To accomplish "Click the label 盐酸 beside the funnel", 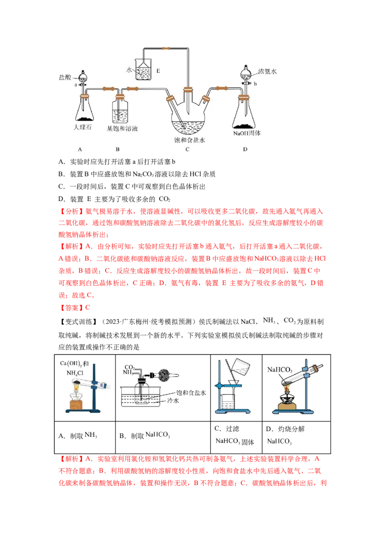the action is [65, 77].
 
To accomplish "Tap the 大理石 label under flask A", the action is [83, 127].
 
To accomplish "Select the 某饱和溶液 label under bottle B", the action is [122, 129].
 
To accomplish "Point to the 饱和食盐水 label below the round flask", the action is [190, 140].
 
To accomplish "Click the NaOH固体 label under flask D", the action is [247, 133].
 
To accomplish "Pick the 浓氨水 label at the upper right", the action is [267, 72].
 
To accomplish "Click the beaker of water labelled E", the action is [143, 69].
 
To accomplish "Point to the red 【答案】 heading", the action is [71, 308].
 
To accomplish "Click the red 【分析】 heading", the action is [71, 211].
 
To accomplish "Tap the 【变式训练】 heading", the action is [77, 322].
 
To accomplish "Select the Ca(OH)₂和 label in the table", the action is [75, 364].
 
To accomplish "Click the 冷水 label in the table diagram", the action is [173, 401].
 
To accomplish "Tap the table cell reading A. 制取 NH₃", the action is [85, 437].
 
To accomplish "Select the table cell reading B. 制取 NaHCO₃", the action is [163, 437].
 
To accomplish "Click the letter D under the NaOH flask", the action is [245, 149].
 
